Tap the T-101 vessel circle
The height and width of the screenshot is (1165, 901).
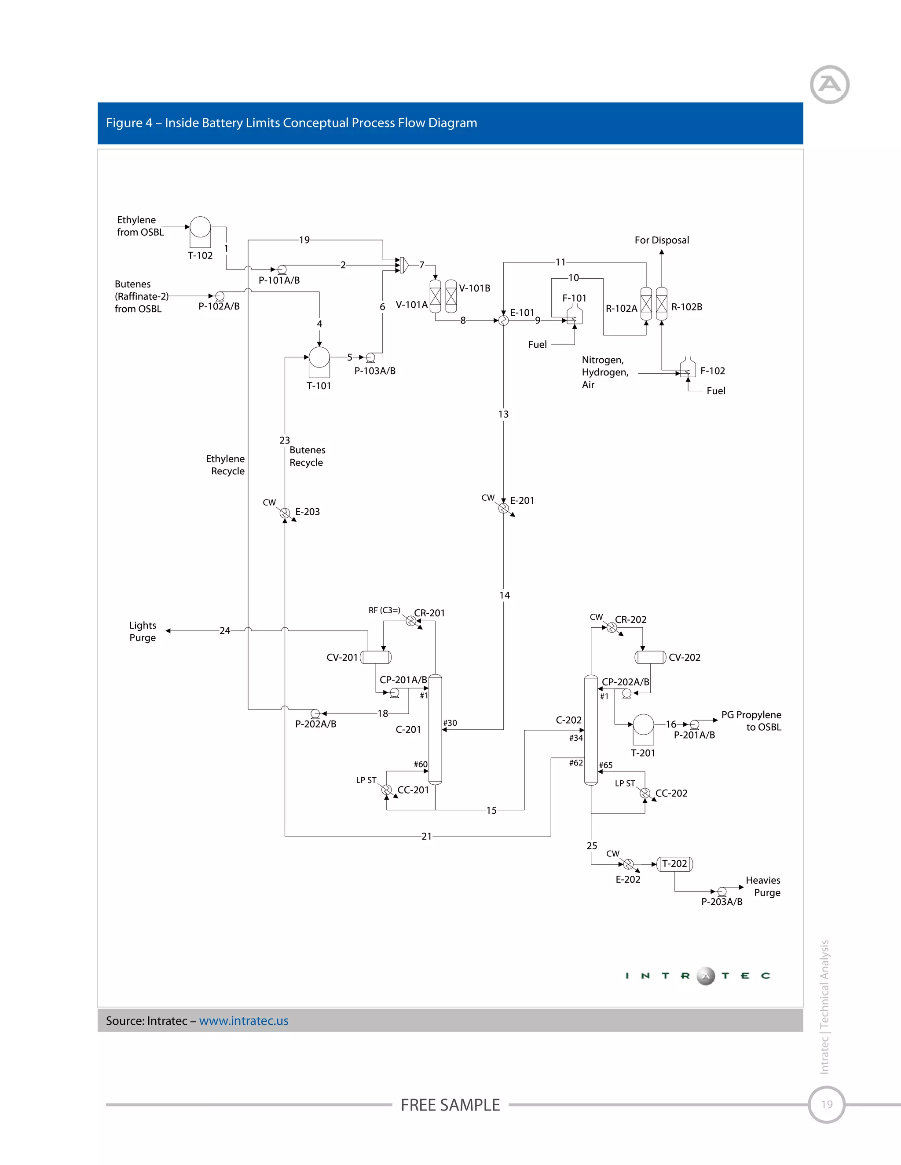pyautogui.click(x=319, y=357)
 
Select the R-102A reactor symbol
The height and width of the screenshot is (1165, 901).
pyautogui.click(x=646, y=303)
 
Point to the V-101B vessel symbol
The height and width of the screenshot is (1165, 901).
pyautogui.click(x=451, y=296)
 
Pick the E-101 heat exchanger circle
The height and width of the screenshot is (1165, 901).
pyautogui.click(x=503, y=320)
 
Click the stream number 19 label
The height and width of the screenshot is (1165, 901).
pyautogui.click(x=304, y=240)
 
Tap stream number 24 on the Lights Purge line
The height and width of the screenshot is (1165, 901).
pyautogui.click(x=225, y=630)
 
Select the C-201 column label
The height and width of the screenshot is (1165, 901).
pyautogui.click(x=408, y=729)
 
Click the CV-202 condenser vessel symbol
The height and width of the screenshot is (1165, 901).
pyautogui.click(x=650, y=657)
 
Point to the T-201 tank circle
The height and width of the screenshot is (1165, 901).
pyautogui.click(x=643, y=724)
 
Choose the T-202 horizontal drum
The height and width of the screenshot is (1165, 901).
pyautogui.click(x=675, y=863)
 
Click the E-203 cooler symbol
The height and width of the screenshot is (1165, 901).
pyautogui.click(x=285, y=513)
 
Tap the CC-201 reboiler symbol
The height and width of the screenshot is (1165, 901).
pyautogui.click(x=386, y=790)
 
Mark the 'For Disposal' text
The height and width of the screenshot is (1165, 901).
pyautogui.click(x=661, y=240)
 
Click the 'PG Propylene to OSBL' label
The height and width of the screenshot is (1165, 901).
pyautogui.click(x=751, y=721)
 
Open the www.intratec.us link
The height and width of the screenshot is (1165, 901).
pyautogui.click(x=243, y=1020)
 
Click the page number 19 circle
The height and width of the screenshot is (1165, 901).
pyautogui.click(x=826, y=1104)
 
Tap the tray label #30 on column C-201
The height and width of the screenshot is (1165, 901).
pyautogui.click(x=450, y=723)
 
